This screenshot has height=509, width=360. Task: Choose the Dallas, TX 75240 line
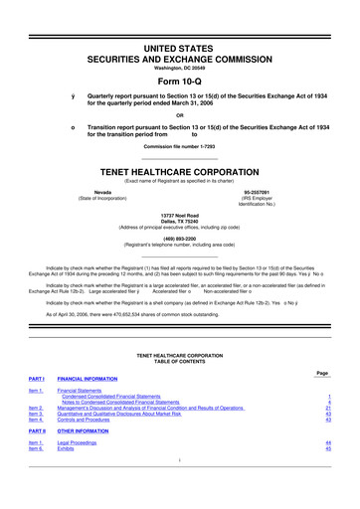[x=180, y=222]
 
